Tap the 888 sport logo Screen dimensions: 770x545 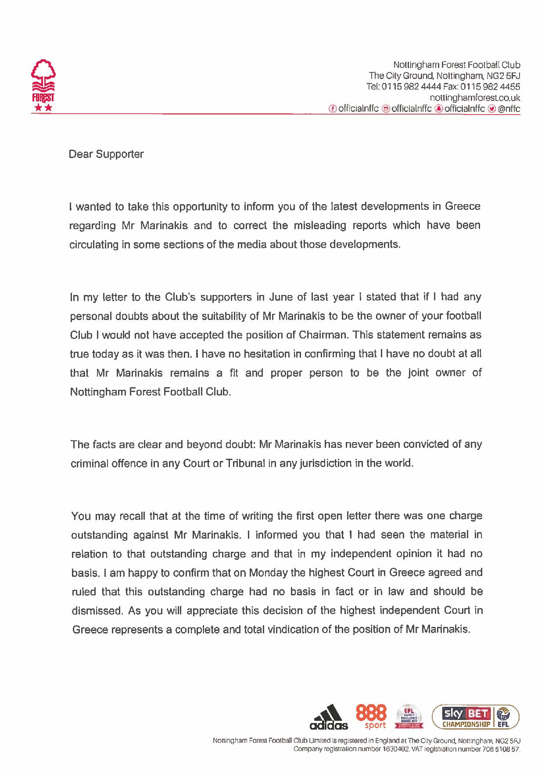[371, 716]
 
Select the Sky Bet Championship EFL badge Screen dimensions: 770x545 [476, 717]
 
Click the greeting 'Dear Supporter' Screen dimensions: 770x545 [106, 154]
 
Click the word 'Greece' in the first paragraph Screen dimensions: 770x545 [463, 206]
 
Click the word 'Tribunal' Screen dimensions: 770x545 [244, 463]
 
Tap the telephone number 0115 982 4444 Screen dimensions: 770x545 [411, 86]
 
